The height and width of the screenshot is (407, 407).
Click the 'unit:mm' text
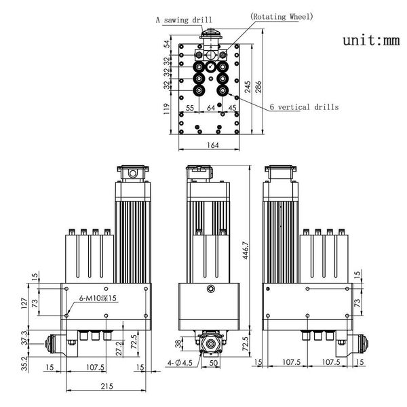click(371, 41)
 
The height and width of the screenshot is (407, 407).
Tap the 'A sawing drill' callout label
click(184, 20)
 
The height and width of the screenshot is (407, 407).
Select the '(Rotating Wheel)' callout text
click(282, 16)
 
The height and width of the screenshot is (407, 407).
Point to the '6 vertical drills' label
click(304, 106)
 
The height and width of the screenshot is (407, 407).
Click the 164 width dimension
click(213, 145)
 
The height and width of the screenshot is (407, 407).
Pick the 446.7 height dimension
click(246, 250)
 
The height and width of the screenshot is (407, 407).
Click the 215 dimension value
click(107, 387)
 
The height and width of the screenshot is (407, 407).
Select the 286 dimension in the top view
click(258, 87)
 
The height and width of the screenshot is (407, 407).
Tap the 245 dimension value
click(248, 87)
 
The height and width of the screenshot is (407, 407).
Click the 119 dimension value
click(167, 109)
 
